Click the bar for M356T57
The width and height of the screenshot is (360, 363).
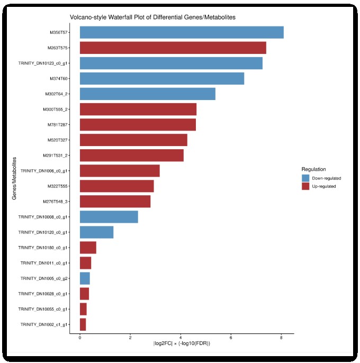pyautogui.click(x=181, y=32)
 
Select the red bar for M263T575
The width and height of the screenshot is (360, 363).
pyautogui.click(x=173, y=48)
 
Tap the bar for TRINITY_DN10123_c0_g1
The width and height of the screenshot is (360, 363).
pyautogui.click(x=170, y=63)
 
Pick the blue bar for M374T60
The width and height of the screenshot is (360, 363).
pyautogui.click(x=161, y=79)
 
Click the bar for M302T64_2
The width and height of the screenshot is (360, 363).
pyautogui.click(x=147, y=94)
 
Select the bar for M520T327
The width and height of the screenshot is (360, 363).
pyautogui.click(x=133, y=140)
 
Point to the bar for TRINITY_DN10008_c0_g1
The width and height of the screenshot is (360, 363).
pyautogui.click(x=109, y=217)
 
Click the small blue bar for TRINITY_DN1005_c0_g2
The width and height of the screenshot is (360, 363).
pyautogui.click(x=85, y=278)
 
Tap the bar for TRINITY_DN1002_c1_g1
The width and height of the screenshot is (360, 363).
pyautogui.click(x=83, y=324)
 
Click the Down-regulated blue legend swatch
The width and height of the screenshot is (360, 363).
pyautogui.click(x=305, y=178)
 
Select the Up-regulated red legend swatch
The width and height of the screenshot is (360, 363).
pyautogui.click(x=305, y=186)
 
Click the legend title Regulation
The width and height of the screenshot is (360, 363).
pyautogui.click(x=314, y=169)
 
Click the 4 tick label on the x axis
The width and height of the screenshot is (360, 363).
pyautogui.click(x=181, y=338)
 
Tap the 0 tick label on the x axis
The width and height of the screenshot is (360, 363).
pyautogui.click(x=80, y=338)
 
